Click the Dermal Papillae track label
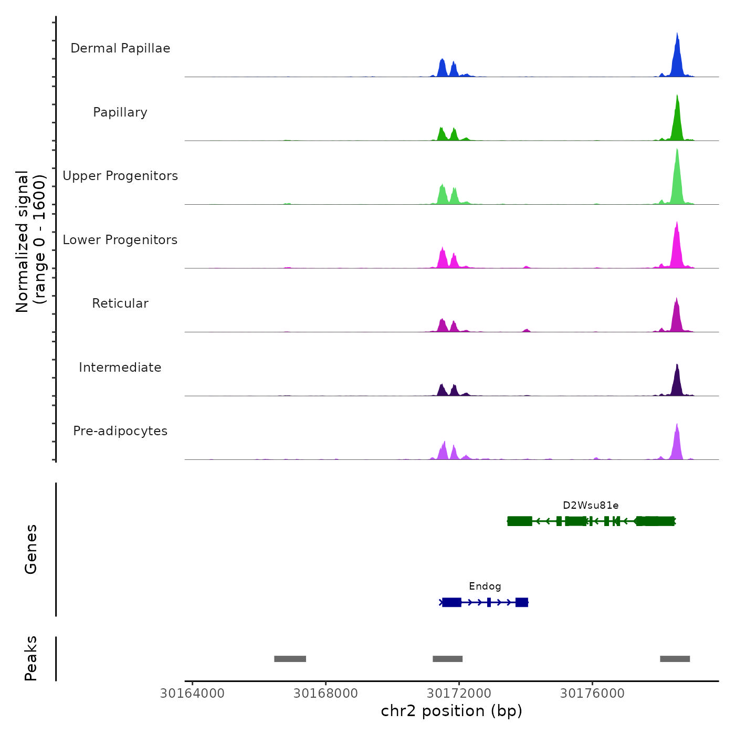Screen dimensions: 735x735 (120, 48)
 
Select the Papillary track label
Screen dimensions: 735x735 (120, 112)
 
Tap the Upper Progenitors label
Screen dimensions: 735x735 (120, 176)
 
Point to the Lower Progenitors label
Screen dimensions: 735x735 (120, 240)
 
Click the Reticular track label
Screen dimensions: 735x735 (120, 303)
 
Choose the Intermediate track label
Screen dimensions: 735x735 (120, 367)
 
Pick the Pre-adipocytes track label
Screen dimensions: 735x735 (120, 431)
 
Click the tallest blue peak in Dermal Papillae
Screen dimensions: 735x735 (677, 52)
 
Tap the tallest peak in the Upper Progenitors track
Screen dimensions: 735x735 (677, 173)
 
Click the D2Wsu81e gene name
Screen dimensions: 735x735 (591, 506)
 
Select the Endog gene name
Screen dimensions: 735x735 (485, 586)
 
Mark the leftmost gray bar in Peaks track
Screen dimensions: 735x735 (290, 659)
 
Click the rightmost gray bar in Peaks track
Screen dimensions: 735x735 (675, 659)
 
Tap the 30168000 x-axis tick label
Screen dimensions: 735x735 (325, 694)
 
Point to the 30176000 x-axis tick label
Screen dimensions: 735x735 (592, 694)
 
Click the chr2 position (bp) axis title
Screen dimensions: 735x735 (451, 711)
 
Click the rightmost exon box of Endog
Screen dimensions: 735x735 (521, 602)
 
